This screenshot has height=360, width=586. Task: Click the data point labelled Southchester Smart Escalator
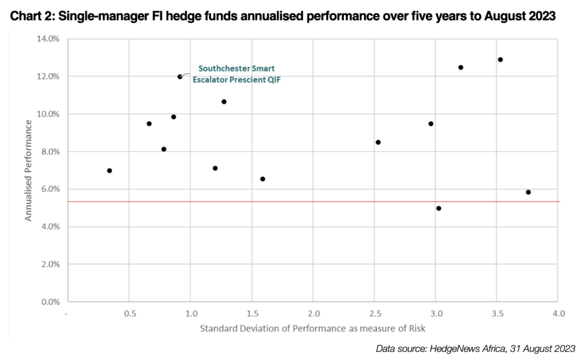click(x=180, y=77)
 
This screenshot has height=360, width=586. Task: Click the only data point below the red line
click(x=438, y=208)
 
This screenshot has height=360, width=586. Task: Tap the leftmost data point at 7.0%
click(x=109, y=171)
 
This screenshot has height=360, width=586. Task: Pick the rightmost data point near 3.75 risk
click(x=528, y=192)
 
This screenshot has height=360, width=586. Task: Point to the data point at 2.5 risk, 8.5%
click(x=378, y=142)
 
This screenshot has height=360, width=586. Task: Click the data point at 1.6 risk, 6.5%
click(x=263, y=179)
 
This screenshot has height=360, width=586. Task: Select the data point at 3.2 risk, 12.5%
click(x=461, y=68)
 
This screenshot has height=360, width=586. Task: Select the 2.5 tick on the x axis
click(x=375, y=314)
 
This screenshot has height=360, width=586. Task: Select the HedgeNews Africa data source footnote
click(x=475, y=349)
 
